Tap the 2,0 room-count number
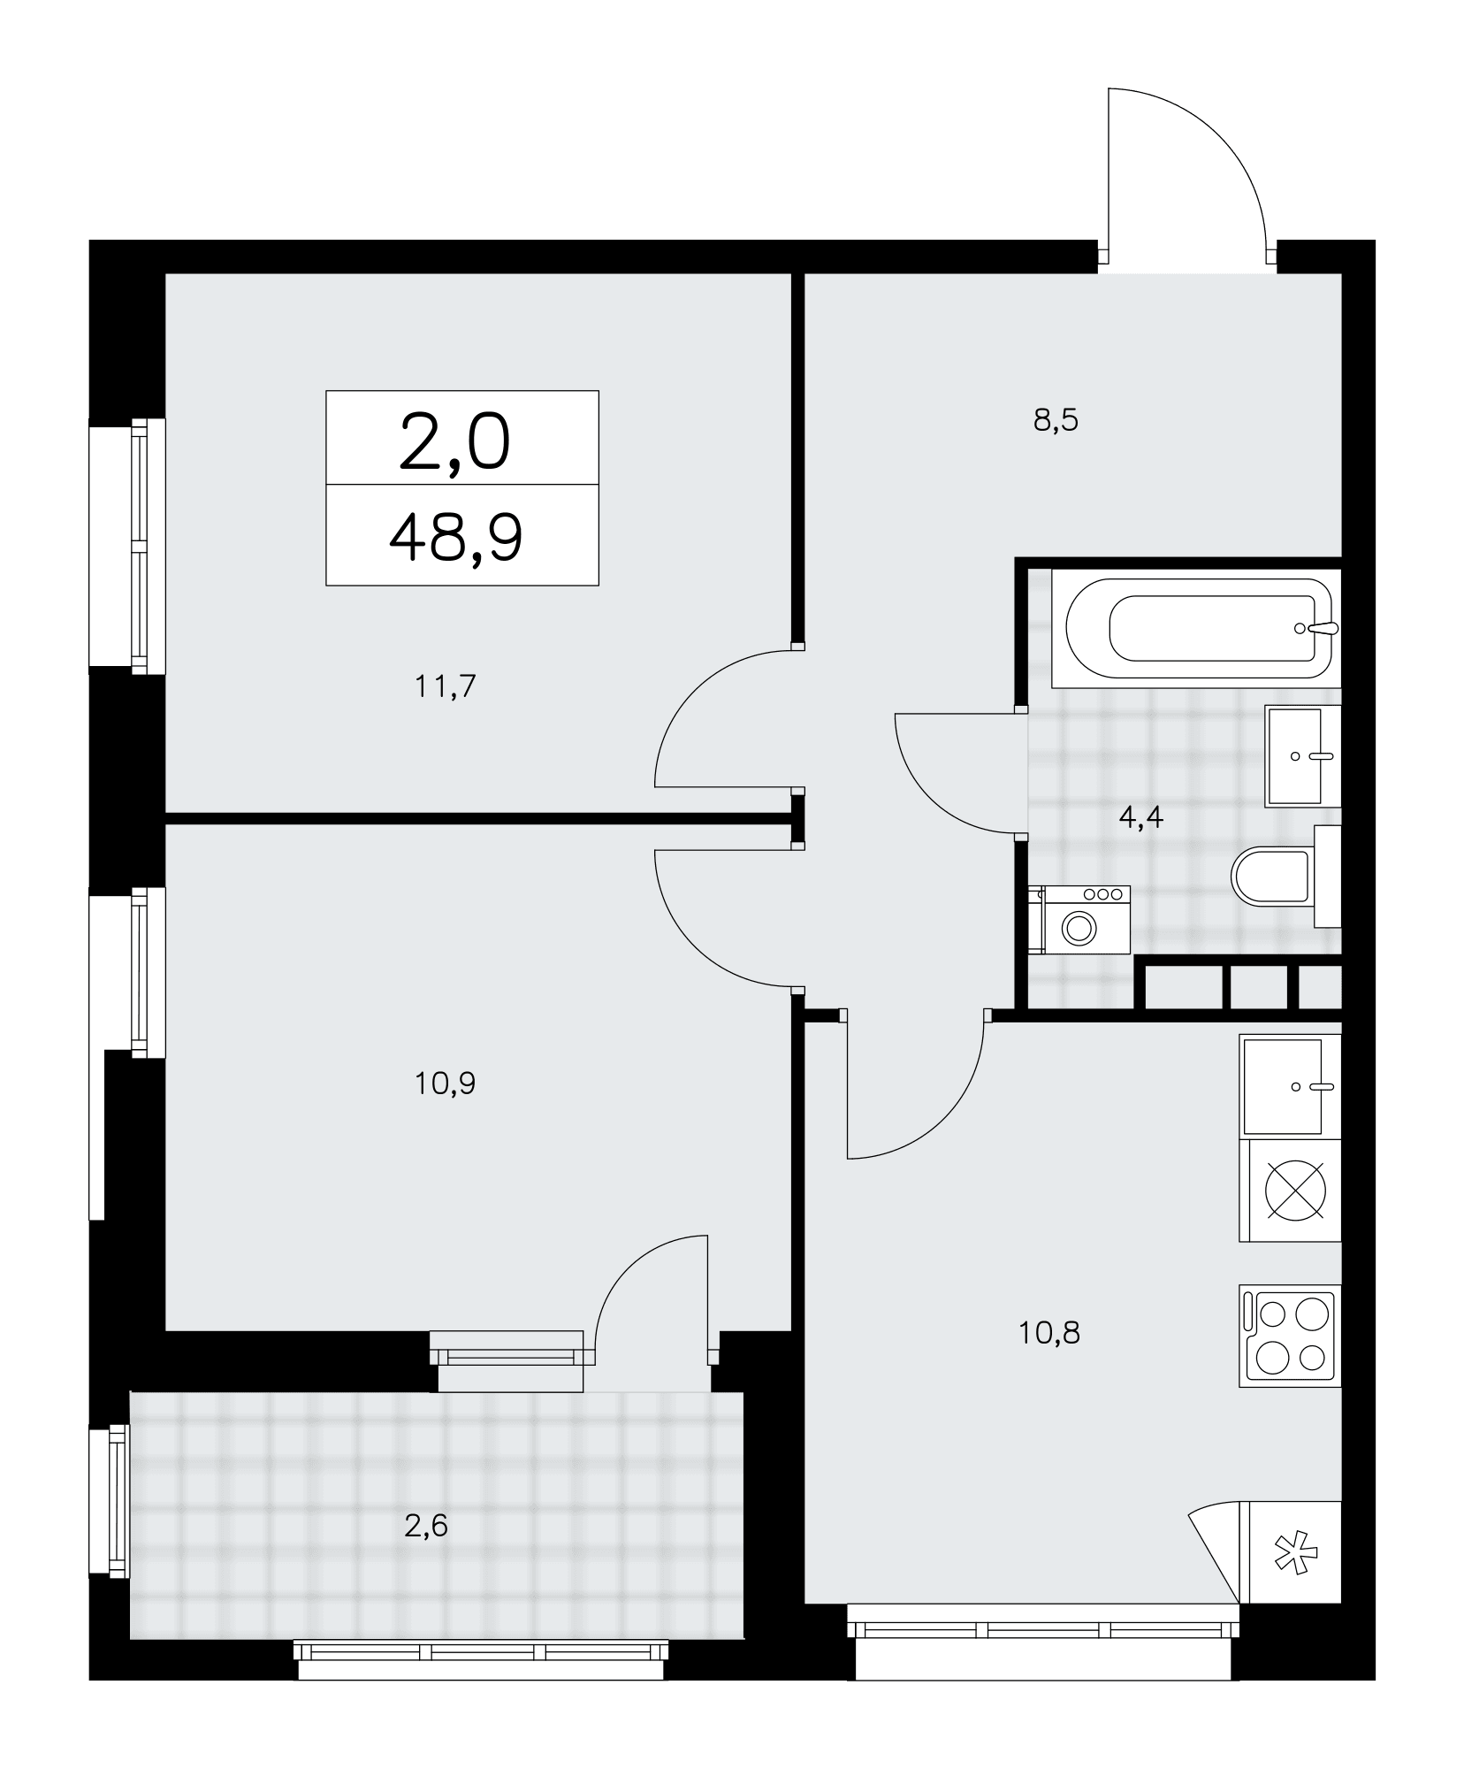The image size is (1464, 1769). [x=454, y=443]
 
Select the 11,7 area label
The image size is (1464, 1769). [x=446, y=685]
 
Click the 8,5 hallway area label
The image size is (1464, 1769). [x=1056, y=420]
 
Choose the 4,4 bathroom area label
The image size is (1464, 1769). [x=1140, y=816]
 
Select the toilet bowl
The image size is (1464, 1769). [x=1270, y=877]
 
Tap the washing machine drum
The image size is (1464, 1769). [x=1079, y=928]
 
